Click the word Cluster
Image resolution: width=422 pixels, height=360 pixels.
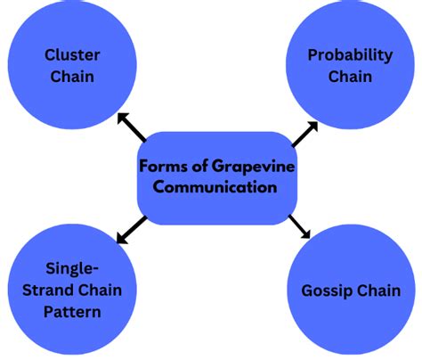pyautogui.click(x=72, y=55)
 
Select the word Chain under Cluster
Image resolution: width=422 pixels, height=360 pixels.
pyautogui.click(x=72, y=77)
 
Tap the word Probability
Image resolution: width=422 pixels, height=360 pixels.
pyautogui.click(x=350, y=56)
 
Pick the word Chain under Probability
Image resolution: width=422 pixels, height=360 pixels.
pyautogui.click(x=350, y=77)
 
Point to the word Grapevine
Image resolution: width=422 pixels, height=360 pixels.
pyautogui.click(x=253, y=167)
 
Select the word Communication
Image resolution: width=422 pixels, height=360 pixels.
pyautogui.click(x=215, y=187)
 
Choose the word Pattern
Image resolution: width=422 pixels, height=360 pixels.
pyautogui.click(x=72, y=312)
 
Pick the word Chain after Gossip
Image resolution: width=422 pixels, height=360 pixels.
pyautogui.click(x=378, y=290)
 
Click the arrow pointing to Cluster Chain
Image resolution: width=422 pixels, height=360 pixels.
pyautogui.click(x=132, y=127)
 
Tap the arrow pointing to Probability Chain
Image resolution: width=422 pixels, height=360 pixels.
pyautogui.click(x=304, y=134)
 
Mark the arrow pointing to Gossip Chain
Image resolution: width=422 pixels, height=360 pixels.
pyautogui.click(x=299, y=226)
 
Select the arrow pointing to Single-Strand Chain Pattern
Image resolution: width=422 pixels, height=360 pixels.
pyautogui.click(x=132, y=230)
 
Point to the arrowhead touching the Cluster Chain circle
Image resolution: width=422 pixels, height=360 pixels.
pyautogui.click(x=122, y=118)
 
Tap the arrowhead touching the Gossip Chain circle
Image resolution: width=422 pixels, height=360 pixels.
pyautogui.click(x=306, y=234)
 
